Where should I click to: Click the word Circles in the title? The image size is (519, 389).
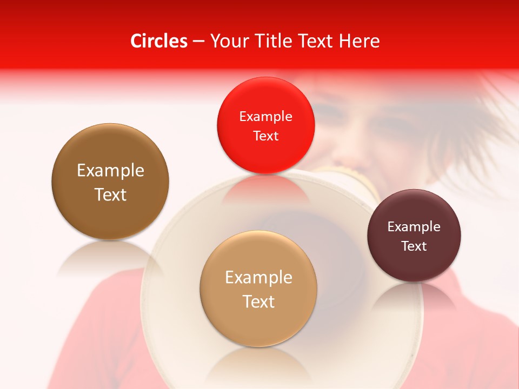pyautogui.click(x=159, y=41)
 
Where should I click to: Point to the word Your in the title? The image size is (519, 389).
pyautogui.click(x=227, y=41)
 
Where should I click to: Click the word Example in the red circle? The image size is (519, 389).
pyautogui.click(x=265, y=116)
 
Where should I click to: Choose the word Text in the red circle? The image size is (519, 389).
pyautogui.click(x=265, y=136)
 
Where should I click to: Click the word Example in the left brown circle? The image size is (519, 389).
pyautogui.click(x=110, y=170)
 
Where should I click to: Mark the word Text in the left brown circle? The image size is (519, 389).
pyautogui.click(x=110, y=194)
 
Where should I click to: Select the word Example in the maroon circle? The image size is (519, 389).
pyautogui.click(x=414, y=226)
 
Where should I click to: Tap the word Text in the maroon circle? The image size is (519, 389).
pyautogui.click(x=414, y=246)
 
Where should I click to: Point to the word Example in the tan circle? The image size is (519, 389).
pyautogui.click(x=258, y=277)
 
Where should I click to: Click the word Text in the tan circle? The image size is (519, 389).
pyautogui.click(x=258, y=301)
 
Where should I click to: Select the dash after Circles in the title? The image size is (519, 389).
pyautogui.click(x=198, y=42)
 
